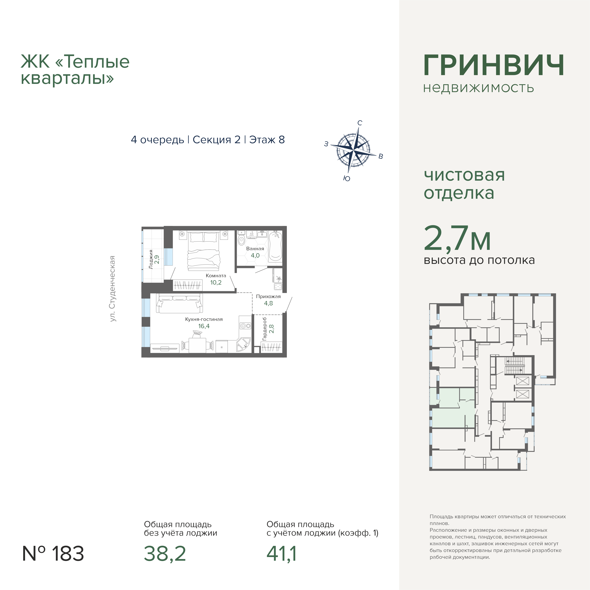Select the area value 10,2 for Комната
pyautogui.click(x=216, y=283)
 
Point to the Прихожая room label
pyautogui.click(x=268, y=296)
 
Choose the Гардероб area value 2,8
pyautogui.click(x=271, y=329)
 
